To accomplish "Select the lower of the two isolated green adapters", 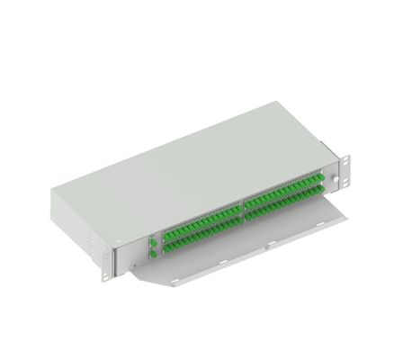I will [152, 254].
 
